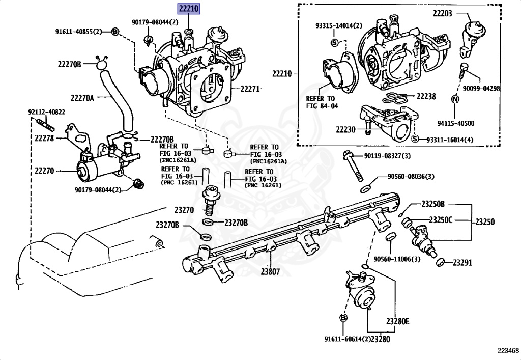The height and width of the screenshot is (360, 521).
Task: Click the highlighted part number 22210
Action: coord(188,8)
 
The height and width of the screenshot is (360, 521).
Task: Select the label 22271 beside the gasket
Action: coord(250,89)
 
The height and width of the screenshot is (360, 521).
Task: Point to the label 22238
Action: coord(426,96)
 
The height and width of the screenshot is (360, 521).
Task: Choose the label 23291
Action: coord(463,263)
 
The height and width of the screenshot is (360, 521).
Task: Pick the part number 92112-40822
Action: coord(46,112)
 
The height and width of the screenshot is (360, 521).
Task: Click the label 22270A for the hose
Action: coord(82,98)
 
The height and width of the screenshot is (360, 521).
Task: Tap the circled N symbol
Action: coord(455,99)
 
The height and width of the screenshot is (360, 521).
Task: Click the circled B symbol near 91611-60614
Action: coord(343,318)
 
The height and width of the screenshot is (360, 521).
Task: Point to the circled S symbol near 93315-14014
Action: coord(334,42)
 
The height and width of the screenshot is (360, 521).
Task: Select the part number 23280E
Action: coord(397,321)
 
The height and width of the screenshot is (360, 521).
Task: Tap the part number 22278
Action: coord(45,137)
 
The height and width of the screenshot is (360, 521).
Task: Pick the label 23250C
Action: coord(440,220)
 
